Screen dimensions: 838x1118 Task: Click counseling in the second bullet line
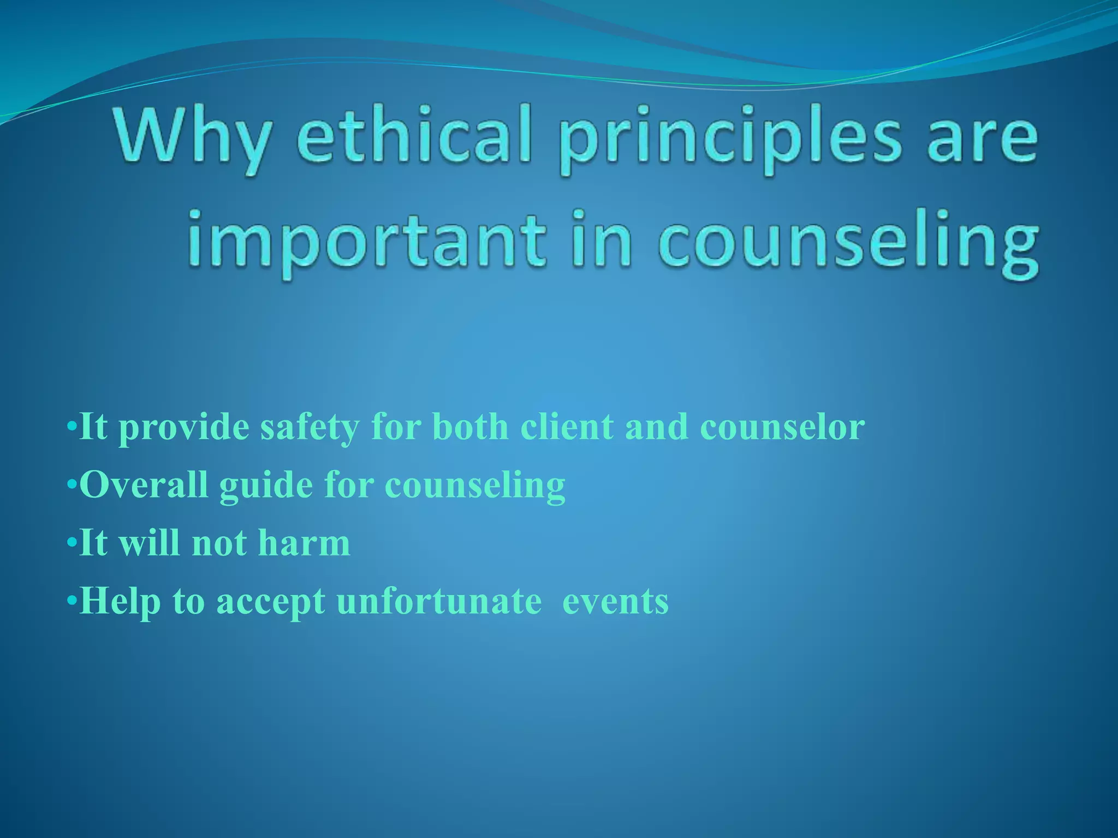[475, 486]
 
